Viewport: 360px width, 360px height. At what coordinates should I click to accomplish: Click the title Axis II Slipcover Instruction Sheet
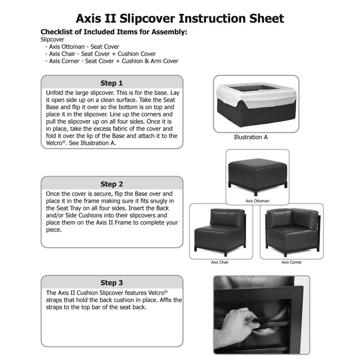(180, 18)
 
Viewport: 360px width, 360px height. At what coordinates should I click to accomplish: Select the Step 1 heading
(112, 83)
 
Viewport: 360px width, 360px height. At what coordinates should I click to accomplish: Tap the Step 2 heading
(112, 184)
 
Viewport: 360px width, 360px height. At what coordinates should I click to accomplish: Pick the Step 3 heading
(112, 283)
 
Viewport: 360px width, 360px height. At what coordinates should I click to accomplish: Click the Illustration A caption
(251, 137)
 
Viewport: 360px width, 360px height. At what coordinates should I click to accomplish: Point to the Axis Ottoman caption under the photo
(257, 201)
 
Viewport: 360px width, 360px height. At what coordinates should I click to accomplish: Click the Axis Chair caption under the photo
(220, 262)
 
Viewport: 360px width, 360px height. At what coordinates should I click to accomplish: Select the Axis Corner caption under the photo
(292, 262)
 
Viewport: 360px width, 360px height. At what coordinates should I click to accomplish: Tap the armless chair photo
(220, 232)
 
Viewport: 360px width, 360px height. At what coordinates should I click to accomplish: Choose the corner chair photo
(292, 232)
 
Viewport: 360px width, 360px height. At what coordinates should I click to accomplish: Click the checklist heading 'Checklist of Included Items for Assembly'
(114, 32)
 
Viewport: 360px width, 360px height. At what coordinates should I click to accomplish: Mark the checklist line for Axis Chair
(102, 54)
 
